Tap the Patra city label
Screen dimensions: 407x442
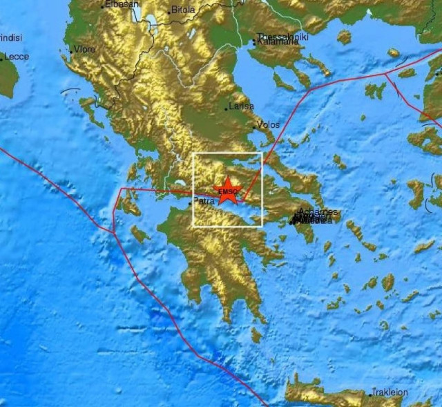pyautogui.click(x=204, y=202)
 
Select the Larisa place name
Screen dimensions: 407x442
pyautogui.click(x=241, y=106)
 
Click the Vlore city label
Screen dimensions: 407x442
pyautogui.click(x=85, y=49)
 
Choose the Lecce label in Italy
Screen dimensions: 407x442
pyautogui.click(x=17, y=57)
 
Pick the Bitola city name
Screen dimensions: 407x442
pyautogui.click(x=183, y=10)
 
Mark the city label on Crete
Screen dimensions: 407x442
pyautogui.click(x=391, y=392)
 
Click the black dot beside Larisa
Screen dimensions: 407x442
pyautogui.click(x=227, y=108)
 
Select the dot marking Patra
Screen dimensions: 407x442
pyautogui.click(x=190, y=203)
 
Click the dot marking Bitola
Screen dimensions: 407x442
pyautogui.click(x=169, y=12)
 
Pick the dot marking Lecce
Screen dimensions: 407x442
pyautogui.click(x=2, y=59)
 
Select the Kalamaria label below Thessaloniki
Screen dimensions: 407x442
pyautogui.click(x=279, y=42)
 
